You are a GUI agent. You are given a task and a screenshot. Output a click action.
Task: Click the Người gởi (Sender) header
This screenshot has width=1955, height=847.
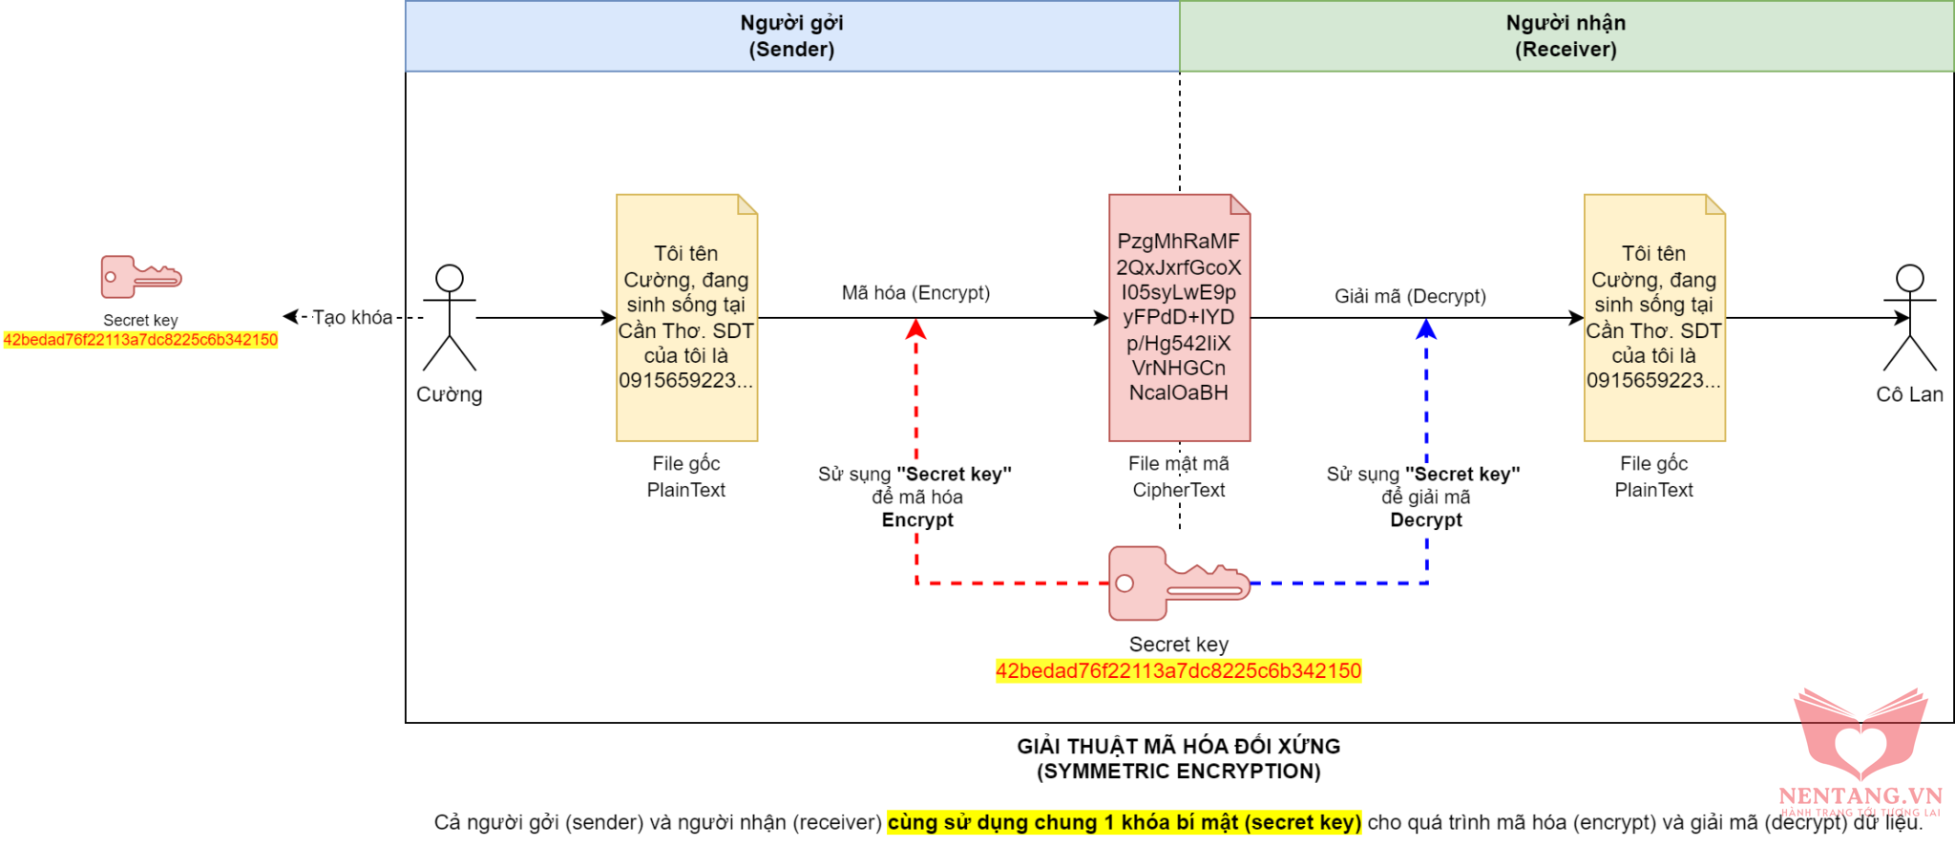(x=791, y=36)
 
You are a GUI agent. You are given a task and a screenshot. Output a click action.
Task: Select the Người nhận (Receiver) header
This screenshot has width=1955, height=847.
(x=1566, y=36)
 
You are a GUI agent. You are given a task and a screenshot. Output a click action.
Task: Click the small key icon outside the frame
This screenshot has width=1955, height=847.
(x=140, y=277)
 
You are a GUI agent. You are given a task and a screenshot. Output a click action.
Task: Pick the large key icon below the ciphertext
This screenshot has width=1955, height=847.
(x=1178, y=582)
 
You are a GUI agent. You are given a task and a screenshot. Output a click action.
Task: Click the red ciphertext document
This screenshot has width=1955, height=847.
(x=1179, y=318)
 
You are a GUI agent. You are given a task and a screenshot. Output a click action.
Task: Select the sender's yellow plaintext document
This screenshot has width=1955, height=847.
(x=686, y=318)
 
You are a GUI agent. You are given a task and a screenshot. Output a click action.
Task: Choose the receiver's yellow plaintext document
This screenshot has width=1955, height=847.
(x=1654, y=318)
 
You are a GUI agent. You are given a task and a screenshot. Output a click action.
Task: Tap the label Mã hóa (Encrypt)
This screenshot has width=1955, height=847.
(x=915, y=292)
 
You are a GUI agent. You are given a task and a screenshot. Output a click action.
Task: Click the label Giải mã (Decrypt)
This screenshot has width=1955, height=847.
(x=1410, y=296)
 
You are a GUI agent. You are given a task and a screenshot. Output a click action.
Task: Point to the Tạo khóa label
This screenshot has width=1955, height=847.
(x=352, y=317)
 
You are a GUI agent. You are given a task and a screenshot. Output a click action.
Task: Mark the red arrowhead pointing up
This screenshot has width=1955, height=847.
(x=916, y=328)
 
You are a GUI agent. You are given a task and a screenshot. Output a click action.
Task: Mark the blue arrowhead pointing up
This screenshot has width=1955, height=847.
(x=1426, y=328)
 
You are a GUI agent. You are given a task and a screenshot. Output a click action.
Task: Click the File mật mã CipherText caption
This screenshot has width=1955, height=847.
(x=1179, y=476)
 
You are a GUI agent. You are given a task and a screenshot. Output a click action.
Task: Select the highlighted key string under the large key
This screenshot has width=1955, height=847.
(x=1178, y=671)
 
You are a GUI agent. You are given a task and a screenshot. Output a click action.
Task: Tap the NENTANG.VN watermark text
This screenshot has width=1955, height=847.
(x=1860, y=795)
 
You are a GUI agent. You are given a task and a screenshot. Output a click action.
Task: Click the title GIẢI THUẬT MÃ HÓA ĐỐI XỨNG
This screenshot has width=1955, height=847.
(x=1178, y=747)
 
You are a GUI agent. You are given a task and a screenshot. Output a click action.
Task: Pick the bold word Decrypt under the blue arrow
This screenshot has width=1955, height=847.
(x=1425, y=519)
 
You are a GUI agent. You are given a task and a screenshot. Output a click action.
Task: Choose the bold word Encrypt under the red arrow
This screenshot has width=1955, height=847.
(x=916, y=519)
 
